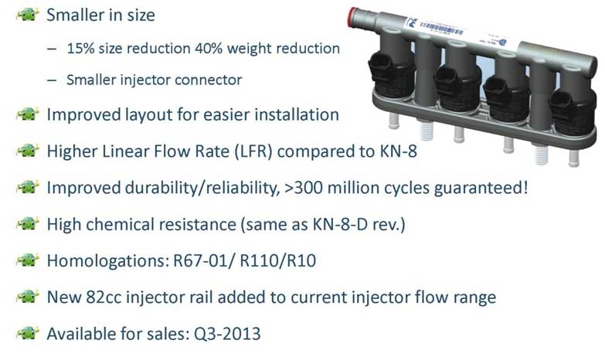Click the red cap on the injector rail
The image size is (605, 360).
(x=352, y=17)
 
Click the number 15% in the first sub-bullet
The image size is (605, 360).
(x=80, y=49)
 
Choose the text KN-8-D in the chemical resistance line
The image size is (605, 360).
(x=339, y=224)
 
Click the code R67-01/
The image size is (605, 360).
(x=204, y=261)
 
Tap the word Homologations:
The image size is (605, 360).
(x=108, y=261)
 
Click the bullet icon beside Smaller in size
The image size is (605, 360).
(x=27, y=15)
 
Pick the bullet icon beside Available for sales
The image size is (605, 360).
(x=27, y=333)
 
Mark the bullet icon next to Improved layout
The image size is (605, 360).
(x=27, y=114)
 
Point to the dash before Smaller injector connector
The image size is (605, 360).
(x=52, y=80)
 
